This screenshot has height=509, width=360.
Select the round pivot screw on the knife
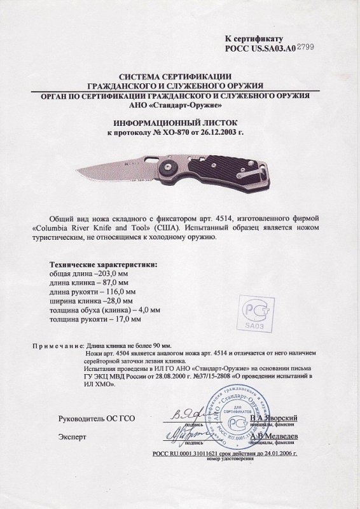click(171, 168)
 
